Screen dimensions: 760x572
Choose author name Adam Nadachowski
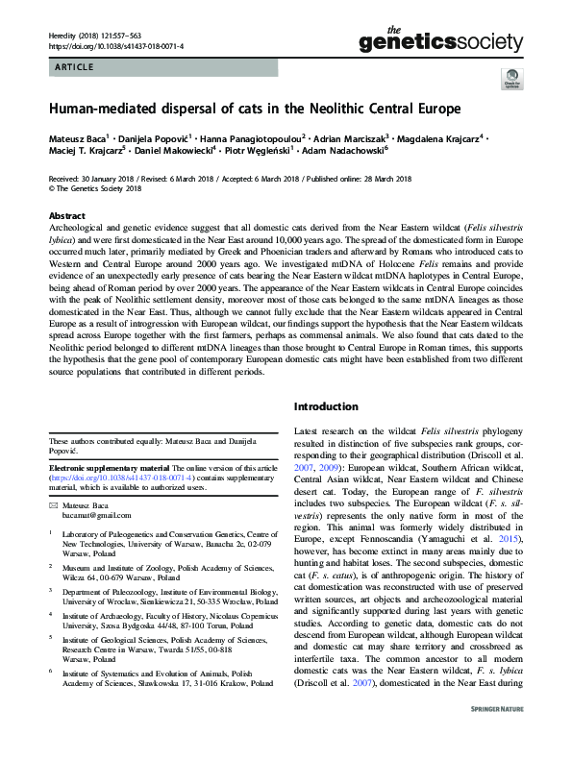pyautogui.click(x=343, y=152)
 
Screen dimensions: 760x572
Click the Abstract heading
pyautogui.click(x=66, y=216)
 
